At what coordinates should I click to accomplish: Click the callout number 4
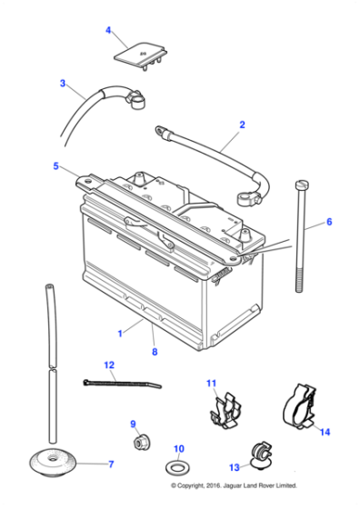click(x=109, y=31)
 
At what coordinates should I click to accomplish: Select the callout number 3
click(x=63, y=84)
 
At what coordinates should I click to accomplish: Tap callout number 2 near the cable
click(x=242, y=124)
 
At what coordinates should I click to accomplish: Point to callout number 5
click(x=55, y=166)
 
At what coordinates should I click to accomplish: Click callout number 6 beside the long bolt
click(x=329, y=222)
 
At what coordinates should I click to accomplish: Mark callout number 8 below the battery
click(x=154, y=352)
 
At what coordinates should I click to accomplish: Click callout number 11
click(x=211, y=383)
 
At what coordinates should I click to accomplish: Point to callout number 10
click(x=179, y=449)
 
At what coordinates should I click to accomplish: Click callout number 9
click(x=133, y=424)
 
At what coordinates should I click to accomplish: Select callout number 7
click(x=111, y=464)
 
